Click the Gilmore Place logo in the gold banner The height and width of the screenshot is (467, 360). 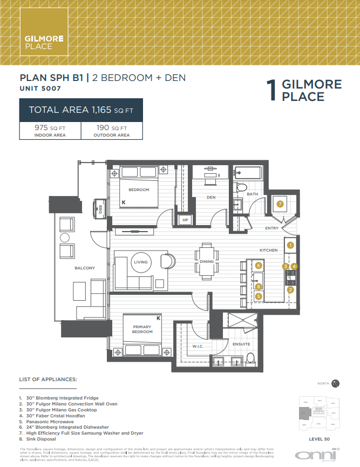[x=44, y=42]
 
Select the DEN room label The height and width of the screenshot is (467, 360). [x=211, y=198]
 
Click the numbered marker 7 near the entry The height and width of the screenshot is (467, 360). [x=280, y=204]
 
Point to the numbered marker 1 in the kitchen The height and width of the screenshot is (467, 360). [x=290, y=245]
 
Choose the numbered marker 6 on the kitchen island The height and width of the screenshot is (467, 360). [x=259, y=266]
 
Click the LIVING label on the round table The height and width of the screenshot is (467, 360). [x=140, y=262]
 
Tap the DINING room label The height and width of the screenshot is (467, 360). [x=206, y=262]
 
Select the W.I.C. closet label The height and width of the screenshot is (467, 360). [x=197, y=346]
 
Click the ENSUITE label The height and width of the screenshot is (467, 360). [x=241, y=344]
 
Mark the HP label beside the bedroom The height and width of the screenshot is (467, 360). [x=185, y=220]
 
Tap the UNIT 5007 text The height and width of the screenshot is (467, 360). [x=40, y=88]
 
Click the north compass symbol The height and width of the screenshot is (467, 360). [x=335, y=383]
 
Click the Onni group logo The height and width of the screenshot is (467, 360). [x=323, y=455]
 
